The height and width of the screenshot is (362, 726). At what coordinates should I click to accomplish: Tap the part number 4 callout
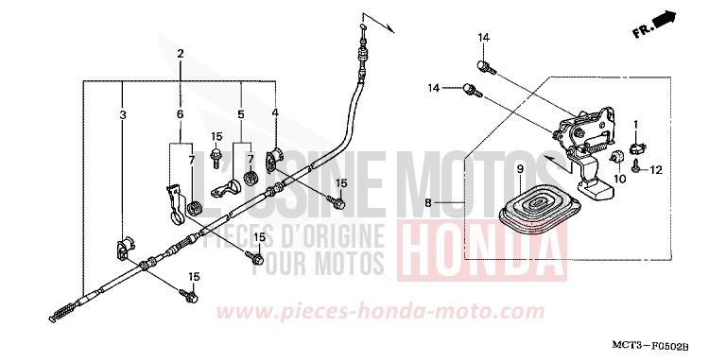tap(275, 113)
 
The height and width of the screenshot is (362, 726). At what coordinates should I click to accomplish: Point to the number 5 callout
tap(241, 113)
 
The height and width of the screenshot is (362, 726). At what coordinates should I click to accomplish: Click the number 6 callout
tap(181, 113)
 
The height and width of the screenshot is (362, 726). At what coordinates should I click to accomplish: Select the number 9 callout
tap(519, 169)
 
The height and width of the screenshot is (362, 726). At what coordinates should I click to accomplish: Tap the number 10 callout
tap(621, 178)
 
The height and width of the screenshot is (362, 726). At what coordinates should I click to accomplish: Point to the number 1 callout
tap(636, 125)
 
